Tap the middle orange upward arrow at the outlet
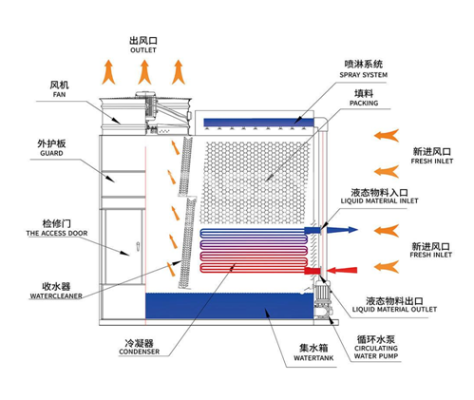143,70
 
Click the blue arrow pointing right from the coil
344,230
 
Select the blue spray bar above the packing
257,121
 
